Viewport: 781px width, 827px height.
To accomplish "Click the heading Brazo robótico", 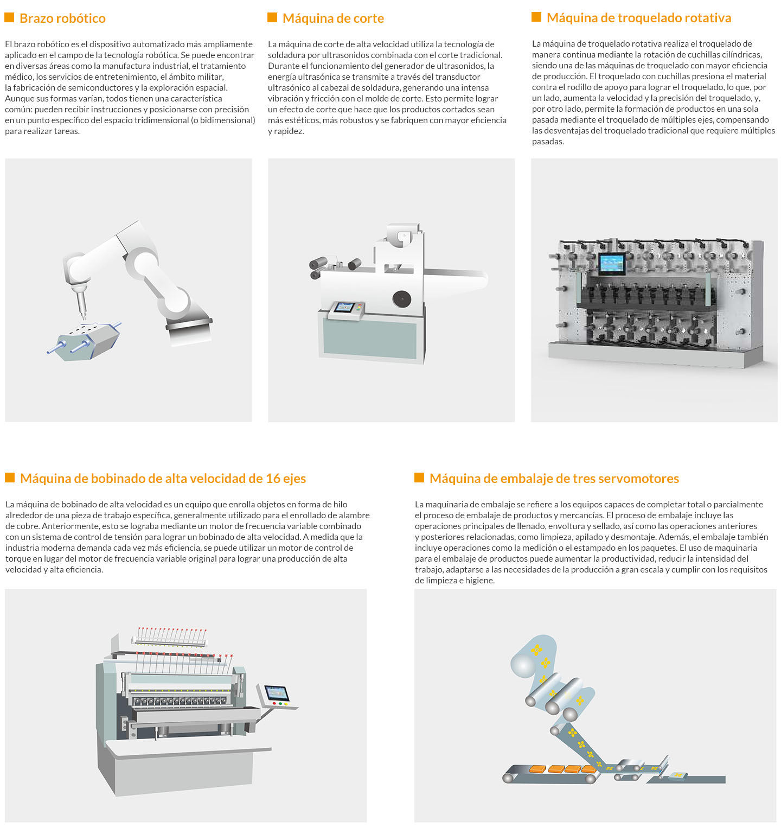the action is coord(62,18).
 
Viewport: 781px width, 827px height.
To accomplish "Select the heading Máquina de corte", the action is coord(333,18).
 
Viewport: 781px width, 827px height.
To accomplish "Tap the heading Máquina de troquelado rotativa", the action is coord(639,18).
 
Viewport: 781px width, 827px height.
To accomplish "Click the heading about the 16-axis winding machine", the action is coord(163,479).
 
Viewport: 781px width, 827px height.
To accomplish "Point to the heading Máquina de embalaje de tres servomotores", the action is coord(554,479).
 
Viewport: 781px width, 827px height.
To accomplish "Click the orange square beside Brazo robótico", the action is coord(9,17).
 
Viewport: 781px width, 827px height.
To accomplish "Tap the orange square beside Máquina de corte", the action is coord(272,17).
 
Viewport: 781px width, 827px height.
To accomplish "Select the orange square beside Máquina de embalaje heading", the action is coord(419,478).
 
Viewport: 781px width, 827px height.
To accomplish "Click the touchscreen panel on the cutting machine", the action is coord(344,308).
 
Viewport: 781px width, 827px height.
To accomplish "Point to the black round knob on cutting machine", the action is coord(402,298).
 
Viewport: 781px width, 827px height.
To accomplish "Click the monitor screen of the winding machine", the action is coord(277,694).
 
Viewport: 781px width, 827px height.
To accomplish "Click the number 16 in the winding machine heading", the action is coord(273,479).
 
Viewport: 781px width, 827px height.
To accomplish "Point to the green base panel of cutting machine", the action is coord(370,338).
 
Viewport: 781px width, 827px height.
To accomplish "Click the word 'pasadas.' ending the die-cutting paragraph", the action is coord(548,142).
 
